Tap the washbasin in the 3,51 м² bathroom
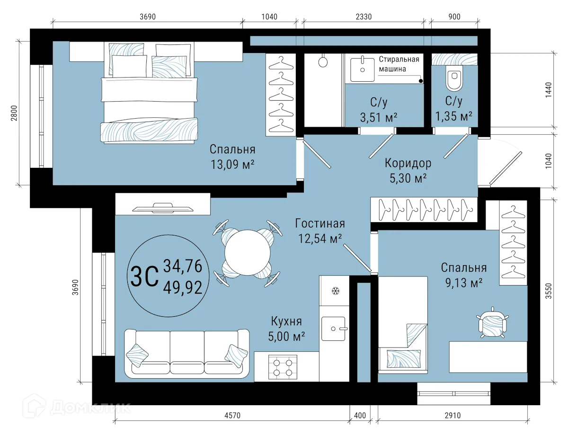click(x=362, y=69)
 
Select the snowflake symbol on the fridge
click(x=336, y=291)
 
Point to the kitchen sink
click(x=333, y=329)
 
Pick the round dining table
click(x=248, y=252)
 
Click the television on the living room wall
click(x=163, y=208)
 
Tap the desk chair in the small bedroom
click(x=492, y=322)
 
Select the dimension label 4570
click(x=232, y=416)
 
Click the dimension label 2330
click(x=364, y=17)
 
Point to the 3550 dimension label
click(x=548, y=291)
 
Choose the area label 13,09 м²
click(x=232, y=165)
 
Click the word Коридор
click(x=408, y=163)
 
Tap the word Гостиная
click(x=320, y=223)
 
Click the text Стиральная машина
click(x=399, y=64)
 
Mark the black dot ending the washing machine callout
click(x=421, y=81)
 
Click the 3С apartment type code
click(x=144, y=276)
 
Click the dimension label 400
click(x=360, y=416)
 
